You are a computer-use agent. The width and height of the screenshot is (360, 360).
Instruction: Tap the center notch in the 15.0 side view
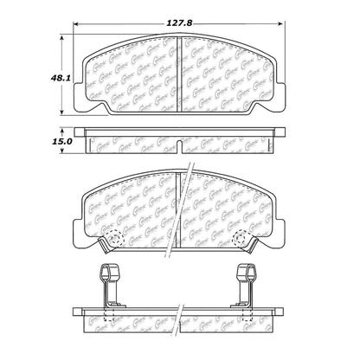[180, 138]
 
